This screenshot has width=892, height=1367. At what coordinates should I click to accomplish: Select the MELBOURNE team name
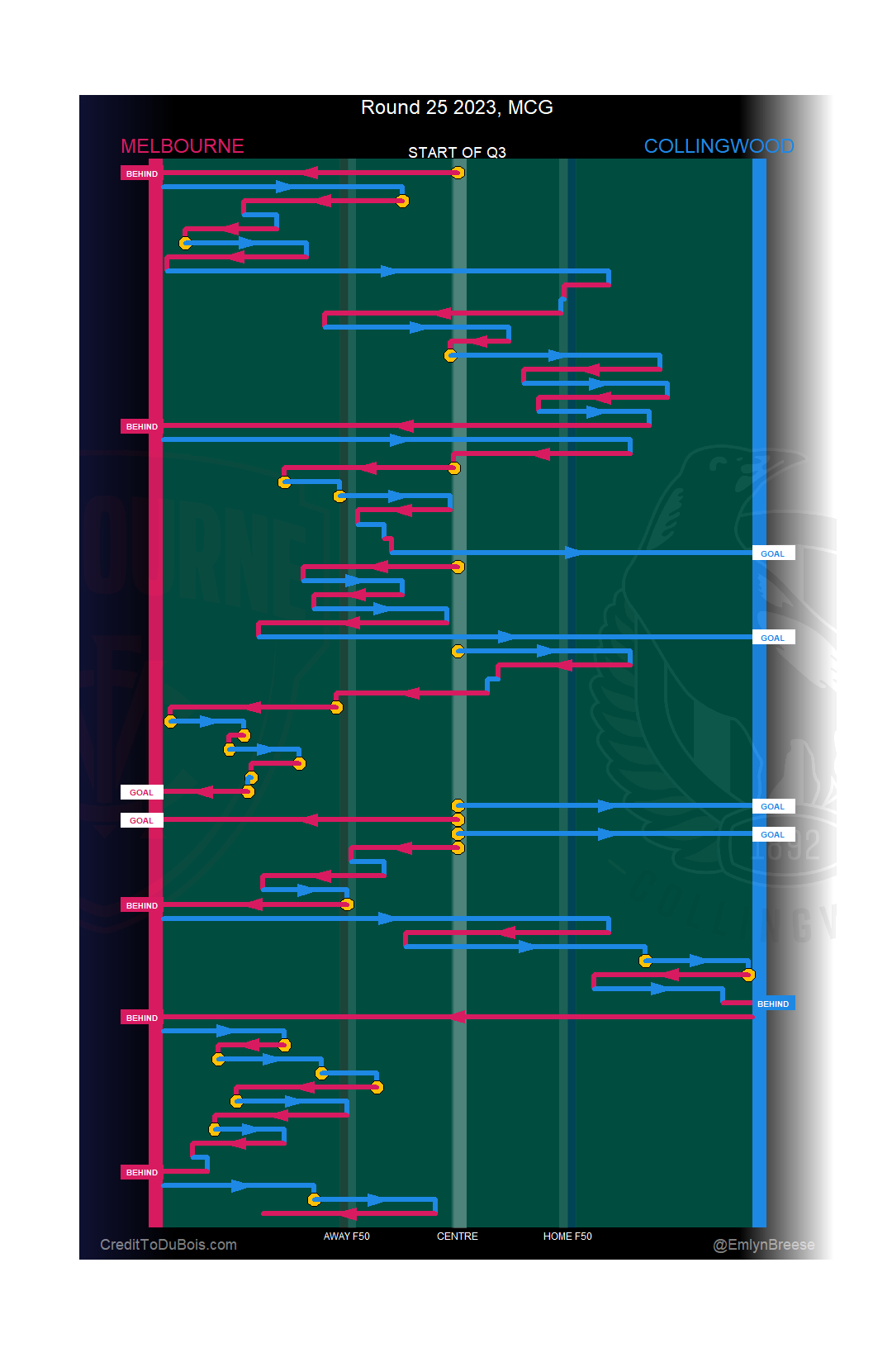coord(182,146)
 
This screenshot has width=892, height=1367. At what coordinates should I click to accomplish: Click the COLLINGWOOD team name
coord(719,146)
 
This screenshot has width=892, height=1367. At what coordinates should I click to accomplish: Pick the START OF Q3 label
coord(457,153)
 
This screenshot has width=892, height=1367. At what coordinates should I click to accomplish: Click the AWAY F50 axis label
coord(346,1236)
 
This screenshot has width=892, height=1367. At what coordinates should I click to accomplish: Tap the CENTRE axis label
coord(457,1236)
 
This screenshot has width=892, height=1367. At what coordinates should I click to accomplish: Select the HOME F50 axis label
coord(567,1236)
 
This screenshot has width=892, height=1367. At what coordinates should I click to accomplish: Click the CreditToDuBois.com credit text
coord(168,1245)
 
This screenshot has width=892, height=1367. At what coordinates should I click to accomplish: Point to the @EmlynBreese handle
coord(763,1245)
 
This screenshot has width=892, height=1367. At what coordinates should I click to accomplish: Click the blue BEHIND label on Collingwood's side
coord(773,1004)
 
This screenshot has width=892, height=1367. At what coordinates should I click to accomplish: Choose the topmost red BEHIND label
coord(141,174)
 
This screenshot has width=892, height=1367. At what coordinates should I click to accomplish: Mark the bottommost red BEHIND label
coord(141,1173)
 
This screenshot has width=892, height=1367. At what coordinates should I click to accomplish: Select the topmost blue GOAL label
coord(773,554)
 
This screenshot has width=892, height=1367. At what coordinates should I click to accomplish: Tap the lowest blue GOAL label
coord(773,835)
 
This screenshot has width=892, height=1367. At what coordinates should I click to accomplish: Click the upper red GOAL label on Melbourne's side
coord(141,793)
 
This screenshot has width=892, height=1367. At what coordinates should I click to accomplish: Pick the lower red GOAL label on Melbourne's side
coord(141,821)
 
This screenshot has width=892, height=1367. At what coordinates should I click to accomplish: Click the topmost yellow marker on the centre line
coord(458,173)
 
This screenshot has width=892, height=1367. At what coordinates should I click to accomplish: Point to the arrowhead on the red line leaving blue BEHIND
coord(458,1017)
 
